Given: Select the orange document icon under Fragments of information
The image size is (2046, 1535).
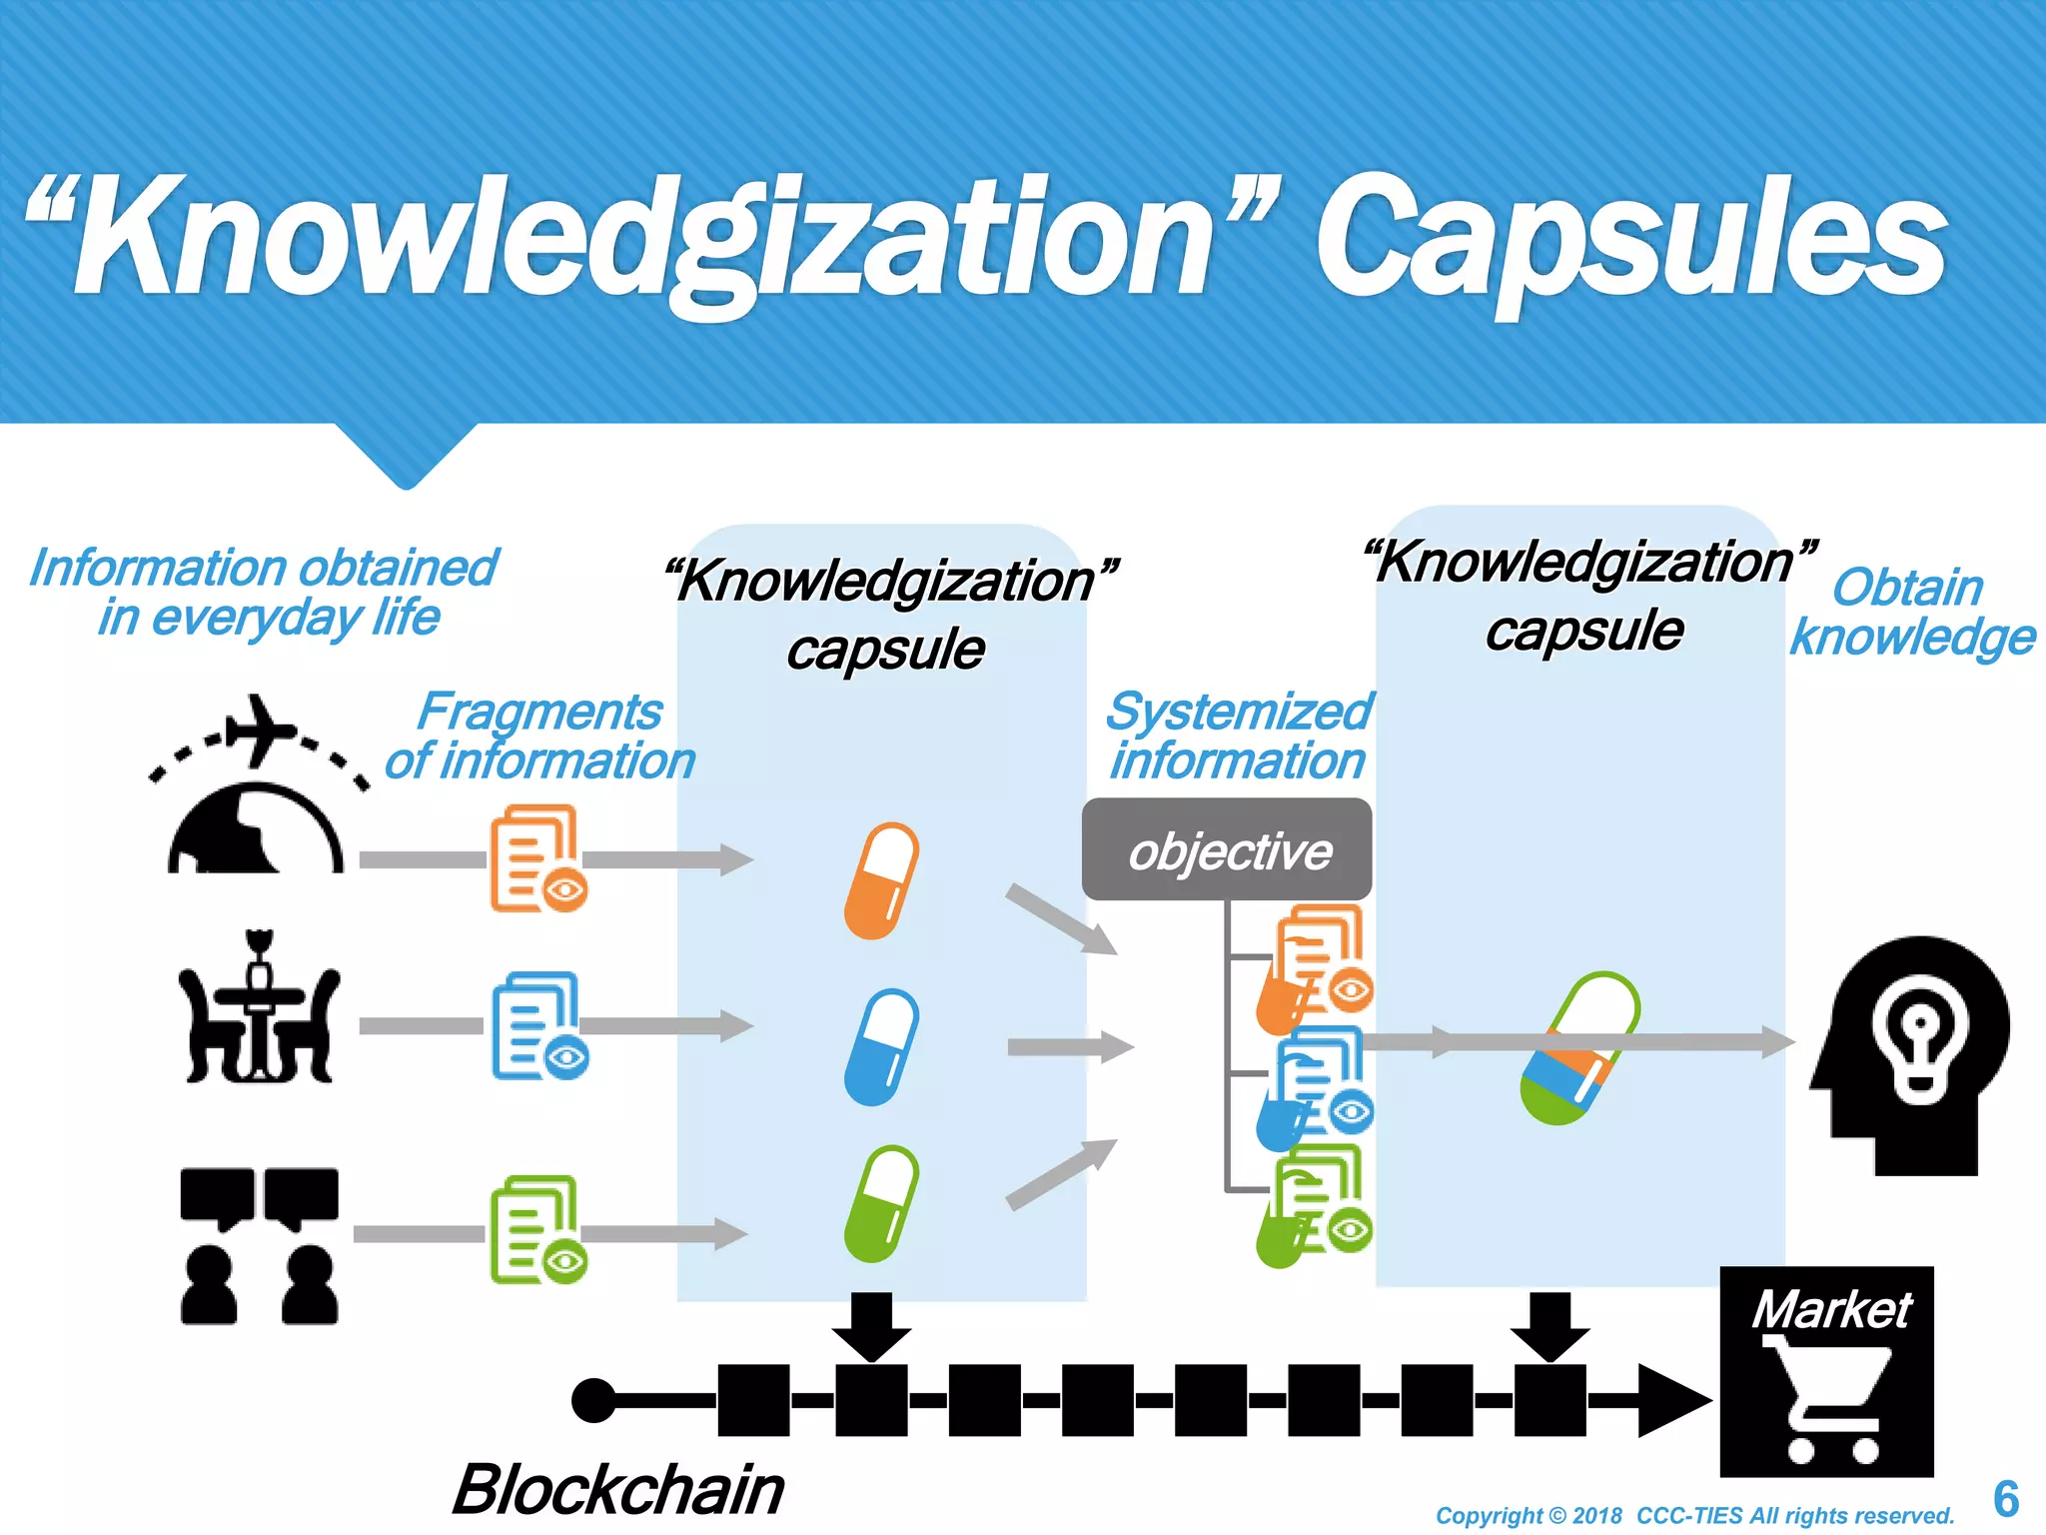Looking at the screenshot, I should (536, 857).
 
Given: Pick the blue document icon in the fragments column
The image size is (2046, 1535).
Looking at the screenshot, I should (537, 1024).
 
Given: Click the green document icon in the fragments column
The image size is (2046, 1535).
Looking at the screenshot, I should (536, 1228).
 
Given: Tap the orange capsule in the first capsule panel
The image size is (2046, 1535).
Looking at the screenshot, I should (881, 880).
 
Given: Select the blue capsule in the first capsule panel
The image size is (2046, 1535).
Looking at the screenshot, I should (881, 1046).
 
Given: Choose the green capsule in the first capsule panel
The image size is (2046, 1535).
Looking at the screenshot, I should (881, 1203).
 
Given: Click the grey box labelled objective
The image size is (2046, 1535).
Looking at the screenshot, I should (1227, 850).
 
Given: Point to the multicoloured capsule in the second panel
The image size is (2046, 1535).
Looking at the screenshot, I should (1579, 1048).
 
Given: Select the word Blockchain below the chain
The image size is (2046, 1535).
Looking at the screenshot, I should (618, 1489).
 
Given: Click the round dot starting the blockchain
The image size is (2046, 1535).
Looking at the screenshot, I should (594, 1400).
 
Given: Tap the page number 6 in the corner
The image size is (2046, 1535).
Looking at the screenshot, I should (2005, 1499).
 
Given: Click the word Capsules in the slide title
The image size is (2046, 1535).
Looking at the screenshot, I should (1630, 240).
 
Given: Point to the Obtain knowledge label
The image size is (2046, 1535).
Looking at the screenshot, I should (1911, 612).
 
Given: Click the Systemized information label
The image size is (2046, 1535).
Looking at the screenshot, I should (1239, 736).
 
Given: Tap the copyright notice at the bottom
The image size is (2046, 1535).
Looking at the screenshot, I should (1694, 1516).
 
